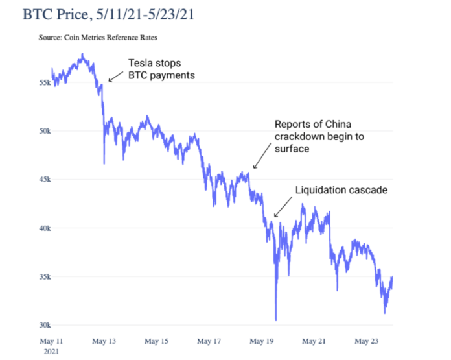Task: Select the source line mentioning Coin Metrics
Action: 97,38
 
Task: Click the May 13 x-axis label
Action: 103,341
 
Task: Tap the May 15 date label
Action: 156,341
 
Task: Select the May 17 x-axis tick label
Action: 209,341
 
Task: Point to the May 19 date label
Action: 262,341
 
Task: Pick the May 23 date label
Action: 367,341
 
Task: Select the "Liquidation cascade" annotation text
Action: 341,190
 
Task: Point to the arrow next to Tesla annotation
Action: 115,75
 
